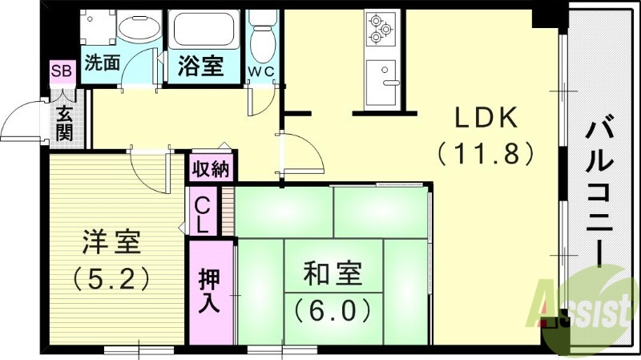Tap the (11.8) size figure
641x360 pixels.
tap(485, 152)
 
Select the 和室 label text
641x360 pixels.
tap(332, 275)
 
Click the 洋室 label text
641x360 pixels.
tap(112, 241)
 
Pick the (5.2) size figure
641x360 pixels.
tap(112, 277)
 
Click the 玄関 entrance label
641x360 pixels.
tap(64, 122)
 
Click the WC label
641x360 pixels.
tap(260, 71)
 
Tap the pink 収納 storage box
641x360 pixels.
tap(211, 169)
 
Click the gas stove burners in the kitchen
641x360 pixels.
tap(379, 30)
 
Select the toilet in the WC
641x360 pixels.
tap(260, 36)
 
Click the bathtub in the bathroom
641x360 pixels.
tap(202, 32)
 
